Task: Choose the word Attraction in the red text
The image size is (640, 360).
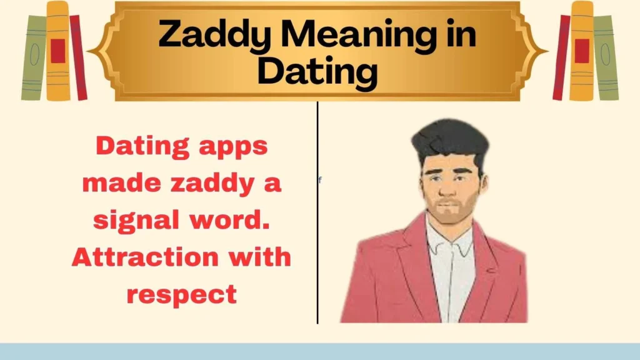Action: (144, 257)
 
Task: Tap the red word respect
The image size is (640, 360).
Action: (181, 293)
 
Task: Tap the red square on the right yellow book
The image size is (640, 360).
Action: (582, 50)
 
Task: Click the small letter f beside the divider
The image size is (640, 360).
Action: (320, 180)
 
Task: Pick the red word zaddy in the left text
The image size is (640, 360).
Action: (204, 184)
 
